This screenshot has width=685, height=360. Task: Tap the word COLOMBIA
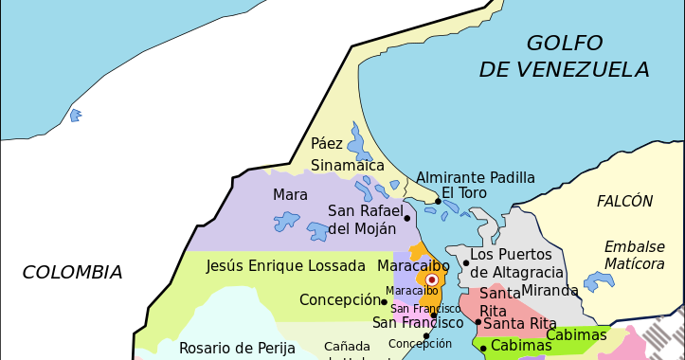pos(73,273)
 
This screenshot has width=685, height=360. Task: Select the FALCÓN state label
pos(624,201)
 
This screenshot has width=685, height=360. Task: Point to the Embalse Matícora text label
pos(634,255)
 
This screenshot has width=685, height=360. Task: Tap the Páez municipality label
pos(327,144)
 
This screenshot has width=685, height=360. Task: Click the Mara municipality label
pos(290,195)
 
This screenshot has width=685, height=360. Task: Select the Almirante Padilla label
pos(476,178)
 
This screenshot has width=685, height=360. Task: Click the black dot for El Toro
pos(438,201)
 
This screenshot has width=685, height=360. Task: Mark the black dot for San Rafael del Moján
pos(407,218)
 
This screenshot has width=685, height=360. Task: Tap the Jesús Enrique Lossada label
pos(285,266)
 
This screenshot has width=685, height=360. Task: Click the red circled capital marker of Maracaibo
pos(432,280)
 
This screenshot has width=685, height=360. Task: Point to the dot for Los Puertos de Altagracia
pos(465,262)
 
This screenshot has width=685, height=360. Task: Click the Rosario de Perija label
pos(237,348)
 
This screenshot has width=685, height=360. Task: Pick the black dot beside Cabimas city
pos(483,348)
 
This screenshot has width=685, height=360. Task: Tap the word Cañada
pos(347,346)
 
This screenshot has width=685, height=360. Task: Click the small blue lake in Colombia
pos(75,115)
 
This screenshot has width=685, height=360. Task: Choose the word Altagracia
pos(523,273)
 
